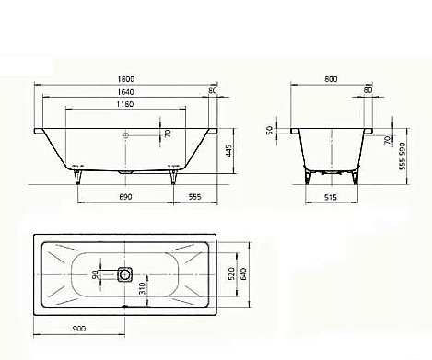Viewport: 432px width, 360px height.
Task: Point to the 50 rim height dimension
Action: (x=270, y=133)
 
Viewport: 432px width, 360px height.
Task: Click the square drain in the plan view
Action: (x=125, y=273)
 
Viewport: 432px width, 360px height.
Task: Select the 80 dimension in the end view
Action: (x=368, y=91)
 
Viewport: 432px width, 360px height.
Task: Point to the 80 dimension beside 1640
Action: (x=213, y=91)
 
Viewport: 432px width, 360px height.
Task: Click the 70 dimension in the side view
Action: (x=168, y=134)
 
